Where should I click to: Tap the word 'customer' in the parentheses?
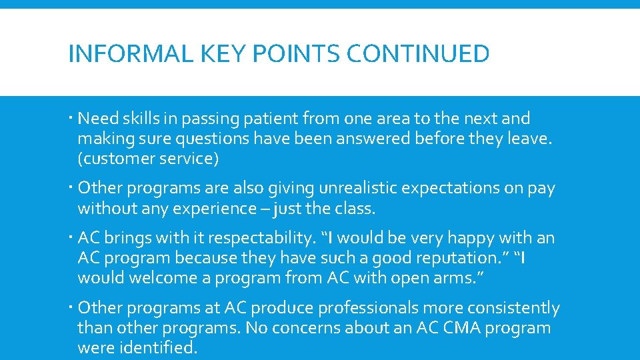113,159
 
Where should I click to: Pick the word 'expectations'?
453,189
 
